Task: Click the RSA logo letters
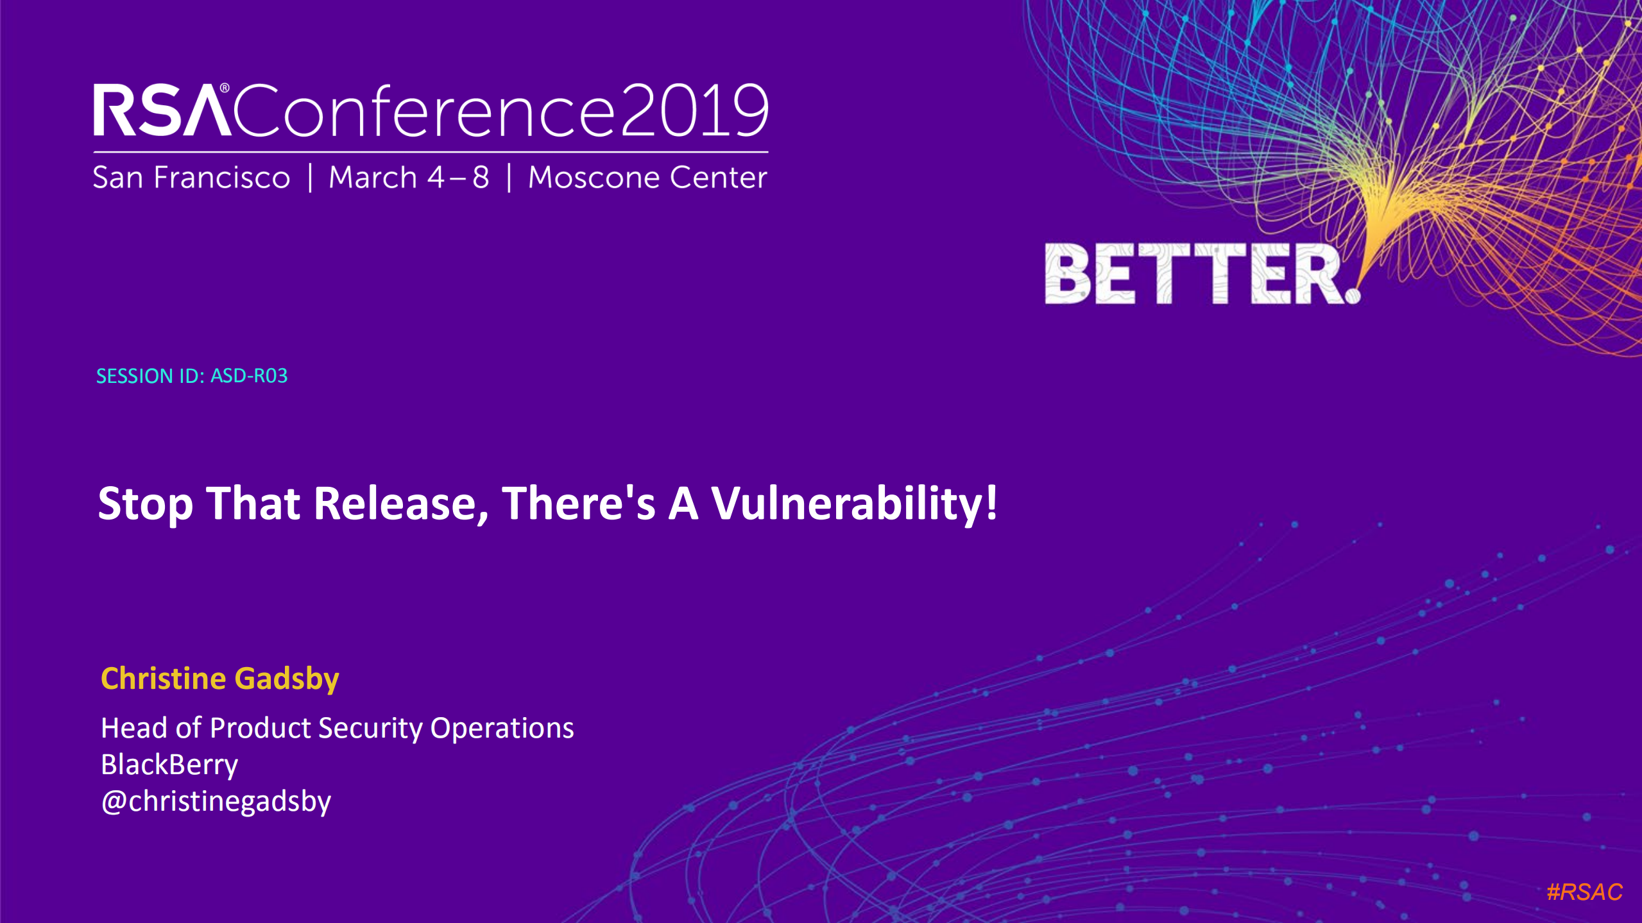coord(162,111)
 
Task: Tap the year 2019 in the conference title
coord(694,111)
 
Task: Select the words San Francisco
coord(191,177)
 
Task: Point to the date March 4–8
coord(409,177)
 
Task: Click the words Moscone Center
coord(647,177)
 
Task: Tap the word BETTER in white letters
coord(1193,274)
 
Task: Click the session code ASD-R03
coord(249,376)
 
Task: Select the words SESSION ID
coord(150,376)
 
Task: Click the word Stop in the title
coord(145,504)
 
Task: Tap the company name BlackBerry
coord(169,765)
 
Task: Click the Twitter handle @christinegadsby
coord(216,802)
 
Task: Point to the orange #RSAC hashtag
coord(1584,892)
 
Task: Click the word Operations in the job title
coord(502,729)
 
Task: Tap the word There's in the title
coord(578,504)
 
